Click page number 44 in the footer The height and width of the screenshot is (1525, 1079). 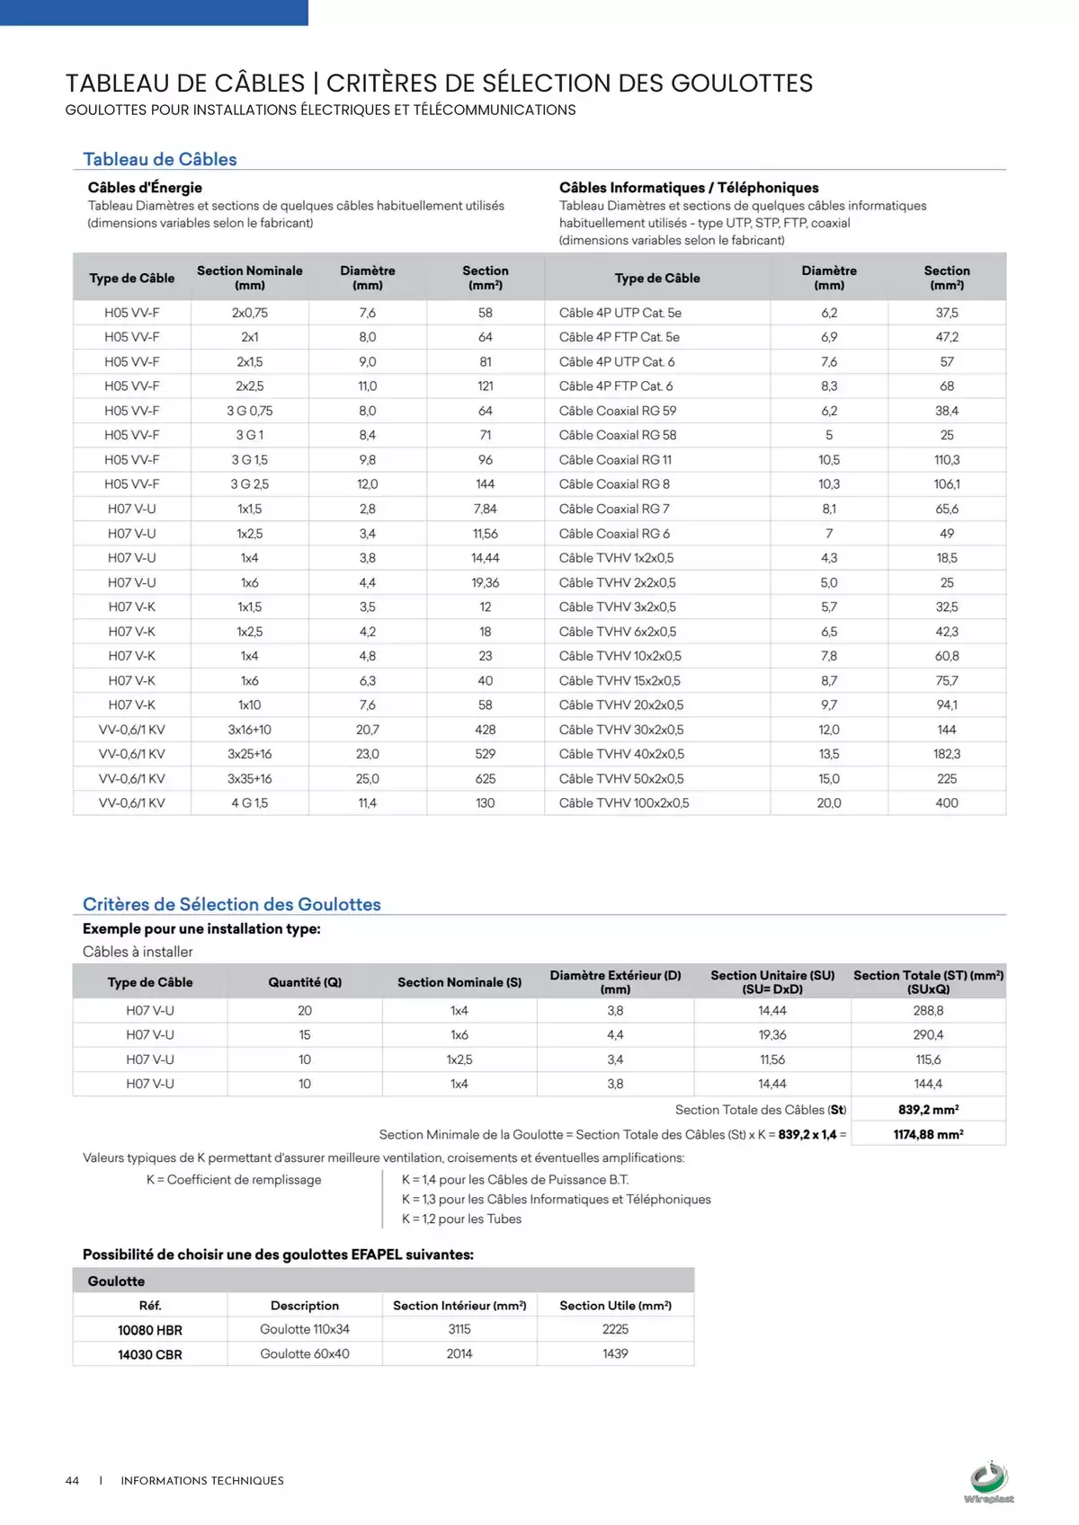tap(72, 1480)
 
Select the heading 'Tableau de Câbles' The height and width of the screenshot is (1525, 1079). tap(160, 159)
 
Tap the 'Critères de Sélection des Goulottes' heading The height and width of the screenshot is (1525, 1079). tap(232, 904)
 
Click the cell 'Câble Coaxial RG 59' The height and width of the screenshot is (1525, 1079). tap(618, 411)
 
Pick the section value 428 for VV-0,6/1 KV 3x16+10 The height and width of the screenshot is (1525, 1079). tap(486, 730)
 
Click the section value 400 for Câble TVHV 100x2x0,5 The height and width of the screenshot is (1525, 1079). tap(947, 803)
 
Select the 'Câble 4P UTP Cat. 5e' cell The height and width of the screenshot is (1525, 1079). tap(620, 313)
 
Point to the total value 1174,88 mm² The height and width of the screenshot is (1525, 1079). tap(928, 1134)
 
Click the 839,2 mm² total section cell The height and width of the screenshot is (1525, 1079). tap(928, 1110)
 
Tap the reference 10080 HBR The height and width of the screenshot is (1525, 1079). tap(150, 1330)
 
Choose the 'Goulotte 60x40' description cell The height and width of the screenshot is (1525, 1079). tap(305, 1353)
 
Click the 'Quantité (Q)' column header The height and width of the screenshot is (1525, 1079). tap(305, 982)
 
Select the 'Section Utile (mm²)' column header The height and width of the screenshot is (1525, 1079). tap(615, 1306)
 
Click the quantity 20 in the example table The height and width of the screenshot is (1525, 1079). tap(305, 1011)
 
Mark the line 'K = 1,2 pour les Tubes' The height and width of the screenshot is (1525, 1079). tap(461, 1219)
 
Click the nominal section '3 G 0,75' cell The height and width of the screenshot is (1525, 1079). tap(250, 411)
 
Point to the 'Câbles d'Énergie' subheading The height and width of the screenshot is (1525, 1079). tap(145, 188)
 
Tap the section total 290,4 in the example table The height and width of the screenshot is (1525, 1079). tap(928, 1035)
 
